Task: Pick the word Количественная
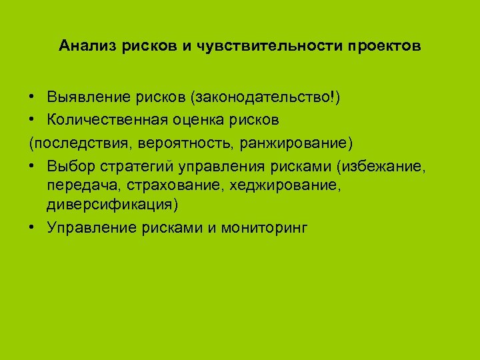pos(106,121)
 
